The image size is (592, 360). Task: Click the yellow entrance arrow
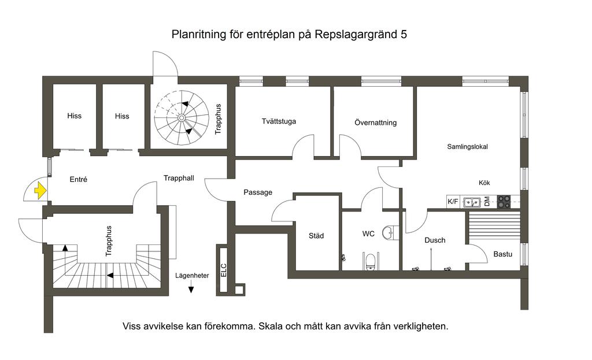tap(40, 190)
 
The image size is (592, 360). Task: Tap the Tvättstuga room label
tap(279, 121)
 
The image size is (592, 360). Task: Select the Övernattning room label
tap(375, 123)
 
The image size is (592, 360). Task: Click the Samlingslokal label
tap(467, 147)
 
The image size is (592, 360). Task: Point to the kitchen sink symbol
tap(472, 202)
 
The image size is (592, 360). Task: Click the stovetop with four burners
tap(504, 202)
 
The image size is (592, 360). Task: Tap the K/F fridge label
tap(453, 202)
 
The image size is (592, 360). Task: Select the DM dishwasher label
tap(487, 202)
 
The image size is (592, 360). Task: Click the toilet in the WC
tap(370, 262)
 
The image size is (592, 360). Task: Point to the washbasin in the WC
tap(391, 232)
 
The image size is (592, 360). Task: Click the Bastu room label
tap(502, 254)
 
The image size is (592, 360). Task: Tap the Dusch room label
tap(435, 240)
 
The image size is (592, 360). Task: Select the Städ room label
tap(316, 236)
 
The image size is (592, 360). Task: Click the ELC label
tap(224, 270)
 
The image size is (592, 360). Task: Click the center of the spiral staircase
tap(182, 118)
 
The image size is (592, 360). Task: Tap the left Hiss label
tap(74, 116)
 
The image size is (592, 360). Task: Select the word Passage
tap(257, 192)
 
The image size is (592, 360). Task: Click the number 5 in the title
tap(404, 35)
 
